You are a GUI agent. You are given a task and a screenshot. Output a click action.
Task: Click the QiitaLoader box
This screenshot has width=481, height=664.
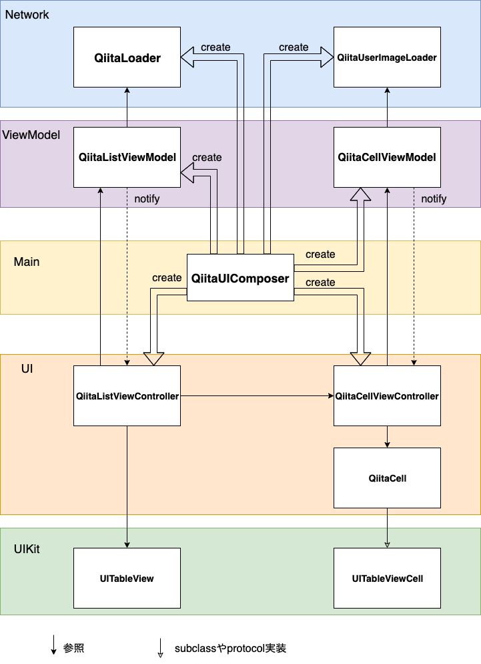pyautogui.click(x=127, y=57)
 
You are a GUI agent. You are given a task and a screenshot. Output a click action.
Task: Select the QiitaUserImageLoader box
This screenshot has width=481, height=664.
pyautogui.click(x=387, y=57)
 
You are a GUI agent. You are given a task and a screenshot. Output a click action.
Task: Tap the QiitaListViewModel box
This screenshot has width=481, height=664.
pyautogui.click(x=127, y=157)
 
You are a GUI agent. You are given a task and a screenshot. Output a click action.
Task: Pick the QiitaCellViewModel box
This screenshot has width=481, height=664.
pyautogui.click(x=387, y=157)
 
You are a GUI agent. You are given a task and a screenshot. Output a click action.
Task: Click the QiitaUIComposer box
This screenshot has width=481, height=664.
pyautogui.click(x=240, y=278)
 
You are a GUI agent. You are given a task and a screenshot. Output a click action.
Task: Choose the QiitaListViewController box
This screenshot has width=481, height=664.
pyautogui.click(x=127, y=395)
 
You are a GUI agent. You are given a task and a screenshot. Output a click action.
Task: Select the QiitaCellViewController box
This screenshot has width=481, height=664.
pyautogui.click(x=387, y=395)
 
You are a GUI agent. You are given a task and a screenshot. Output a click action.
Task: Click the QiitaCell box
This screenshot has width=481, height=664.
pyautogui.click(x=387, y=478)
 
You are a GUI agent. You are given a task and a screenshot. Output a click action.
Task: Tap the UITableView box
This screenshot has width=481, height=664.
pyautogui.click(x=127, y=578)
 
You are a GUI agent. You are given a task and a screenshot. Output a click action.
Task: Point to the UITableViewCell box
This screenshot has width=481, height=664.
pyautogui.click(x=387, y=578)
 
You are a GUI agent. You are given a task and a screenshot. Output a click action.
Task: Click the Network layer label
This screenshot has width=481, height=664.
pyautogui.click(x=27, y=15)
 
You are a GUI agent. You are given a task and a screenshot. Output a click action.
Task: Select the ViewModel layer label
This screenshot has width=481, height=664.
pyautogui.click(x=31, y=135)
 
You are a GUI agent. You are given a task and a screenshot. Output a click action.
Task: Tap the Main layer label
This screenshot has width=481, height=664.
pyautogui.click(x=27, y=262)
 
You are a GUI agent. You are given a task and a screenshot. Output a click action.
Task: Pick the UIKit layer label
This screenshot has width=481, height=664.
pyautogui.click(x=27, y=548)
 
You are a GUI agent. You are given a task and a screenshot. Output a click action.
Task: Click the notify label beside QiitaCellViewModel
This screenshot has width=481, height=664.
pyautogui.click(x=434, y=199)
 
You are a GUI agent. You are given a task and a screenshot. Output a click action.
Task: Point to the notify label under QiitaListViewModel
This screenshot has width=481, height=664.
pyautogui.click(x=147, y=199)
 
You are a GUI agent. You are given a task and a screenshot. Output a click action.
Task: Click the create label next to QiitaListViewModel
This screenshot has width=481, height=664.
pyautogui.click(x=207, y=158)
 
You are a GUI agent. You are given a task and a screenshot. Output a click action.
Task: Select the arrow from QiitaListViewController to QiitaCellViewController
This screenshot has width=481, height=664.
pyautogui.click(x=257, y=396)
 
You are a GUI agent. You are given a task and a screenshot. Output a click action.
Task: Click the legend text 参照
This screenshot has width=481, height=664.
pyautogui.click(x=73, y=648)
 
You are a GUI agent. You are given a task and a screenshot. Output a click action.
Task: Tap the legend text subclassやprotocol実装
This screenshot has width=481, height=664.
pyautogui.click(x=230, y=648)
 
